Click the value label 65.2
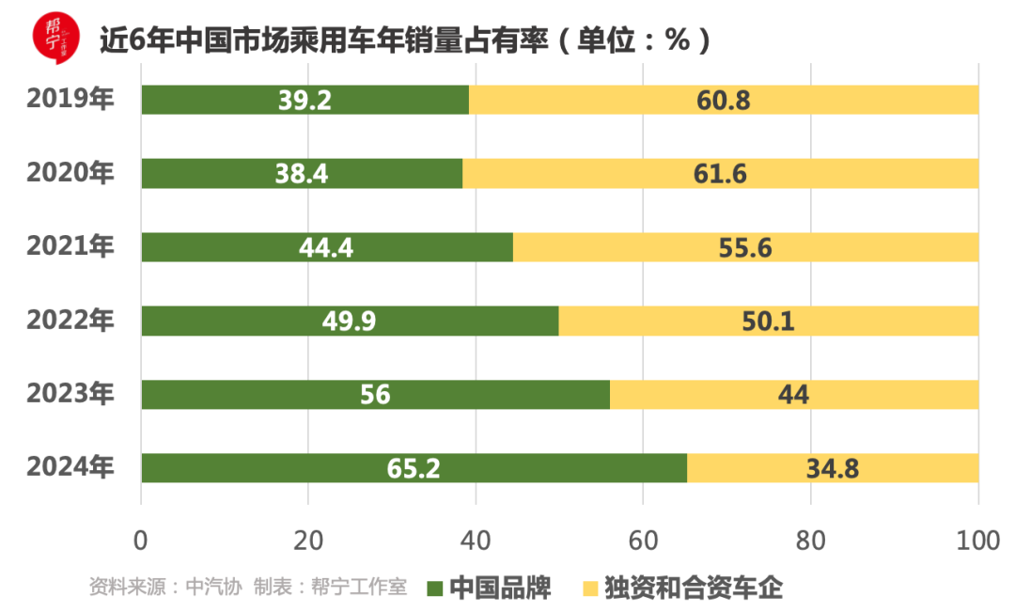click(x=414, y=468)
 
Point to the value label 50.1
click(x=768, y=322)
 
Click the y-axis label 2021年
click(x=70, y=246)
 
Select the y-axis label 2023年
click(x=70, y=393)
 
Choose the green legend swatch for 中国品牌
click(x=434, y=588)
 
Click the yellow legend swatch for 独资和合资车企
click(x=590, y=588)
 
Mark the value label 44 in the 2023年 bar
click(x=793, y=395)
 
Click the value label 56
click(x=375, y=395)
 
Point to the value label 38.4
click(x=301, y=174)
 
